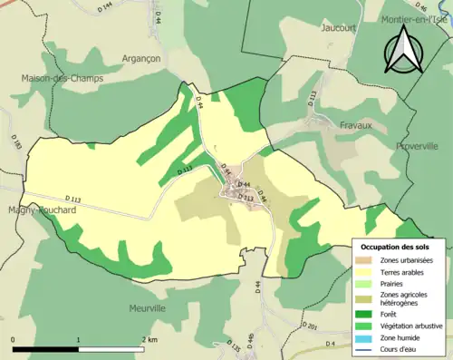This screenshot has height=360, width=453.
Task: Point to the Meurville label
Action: [147, 308]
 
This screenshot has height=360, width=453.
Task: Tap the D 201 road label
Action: [310, 325]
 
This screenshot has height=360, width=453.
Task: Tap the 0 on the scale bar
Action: [13, 338]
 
